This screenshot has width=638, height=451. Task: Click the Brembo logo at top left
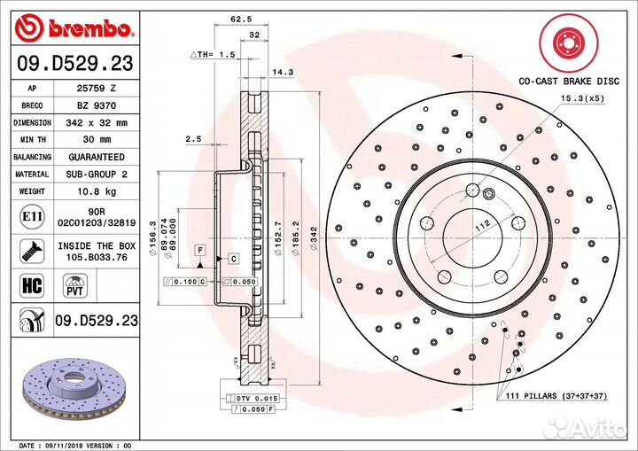[74, 28]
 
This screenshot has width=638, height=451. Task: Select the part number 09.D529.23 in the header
[74, 64]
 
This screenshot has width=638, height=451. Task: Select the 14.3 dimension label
[283, 71]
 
